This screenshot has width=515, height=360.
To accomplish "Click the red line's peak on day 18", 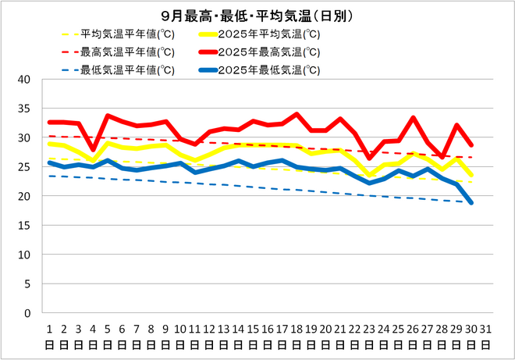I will [x=297, y=114].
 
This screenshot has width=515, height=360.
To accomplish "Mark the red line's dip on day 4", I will [x=94, y=149].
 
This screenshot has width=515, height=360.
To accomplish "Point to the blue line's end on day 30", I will [x=472, y=203].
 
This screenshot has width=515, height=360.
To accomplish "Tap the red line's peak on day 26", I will [x=414, y=118].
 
